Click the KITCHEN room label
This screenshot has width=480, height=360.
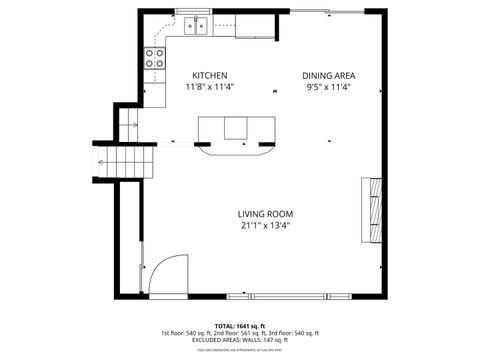tap(210, 76)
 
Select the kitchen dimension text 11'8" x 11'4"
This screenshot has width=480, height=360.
tap(210, 87)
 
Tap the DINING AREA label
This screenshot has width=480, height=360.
tap(329, 76)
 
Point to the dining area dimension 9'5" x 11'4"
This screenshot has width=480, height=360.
tap(329, 87)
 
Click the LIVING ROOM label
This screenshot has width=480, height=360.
tap(265, 214)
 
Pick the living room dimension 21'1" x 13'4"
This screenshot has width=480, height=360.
tap(265, 226)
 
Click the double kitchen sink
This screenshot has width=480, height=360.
tap(194, 25)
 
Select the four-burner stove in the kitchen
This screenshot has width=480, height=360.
tap(154, 59)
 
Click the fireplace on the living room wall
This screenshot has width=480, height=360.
tap(371, 210)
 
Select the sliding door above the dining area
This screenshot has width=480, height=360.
tap(325, 11)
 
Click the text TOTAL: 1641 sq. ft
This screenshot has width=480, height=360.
tap(239, 325)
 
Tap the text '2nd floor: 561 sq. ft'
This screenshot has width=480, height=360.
tap(241, 333)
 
